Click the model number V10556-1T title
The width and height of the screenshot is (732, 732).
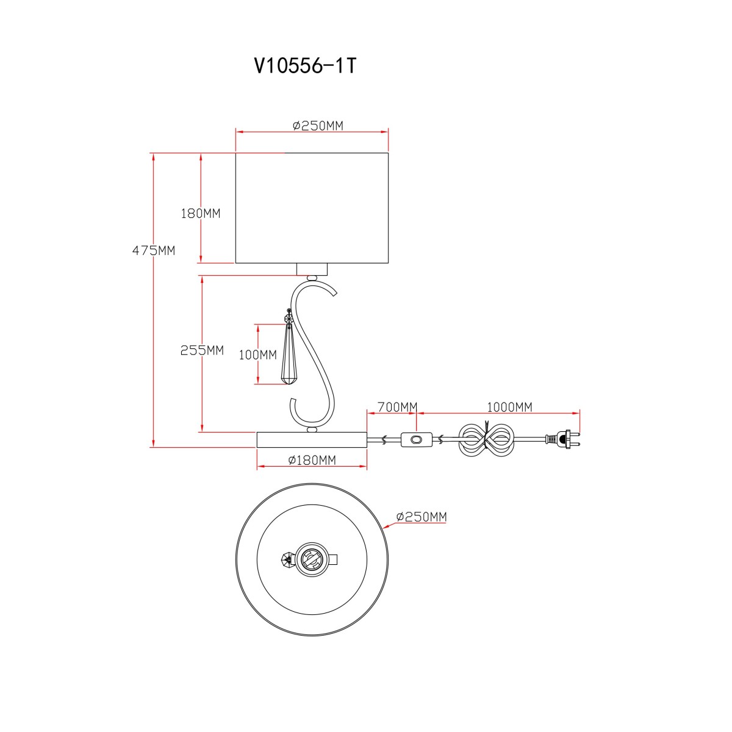[x=306, y=66]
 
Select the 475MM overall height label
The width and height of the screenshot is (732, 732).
[x=154, y=251]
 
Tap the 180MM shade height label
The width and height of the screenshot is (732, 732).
[x=201, y=213]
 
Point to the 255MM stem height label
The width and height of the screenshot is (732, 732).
[x=202, y=350]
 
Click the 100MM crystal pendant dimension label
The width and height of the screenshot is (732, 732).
[x=257, y=355]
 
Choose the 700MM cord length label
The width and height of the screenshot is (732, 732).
[x=397, y=407]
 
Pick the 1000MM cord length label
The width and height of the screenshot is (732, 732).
[x=509, y=407]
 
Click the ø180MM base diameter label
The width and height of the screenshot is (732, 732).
[x=312, y=460]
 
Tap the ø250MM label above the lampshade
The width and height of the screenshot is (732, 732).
[x=318, y=126]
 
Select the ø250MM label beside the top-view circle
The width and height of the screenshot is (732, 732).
[x=422, y=517]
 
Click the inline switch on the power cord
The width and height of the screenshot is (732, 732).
[x=417, y=439]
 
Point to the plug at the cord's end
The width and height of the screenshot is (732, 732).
[x=563, y=439]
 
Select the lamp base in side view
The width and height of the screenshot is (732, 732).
[x=312, y=439]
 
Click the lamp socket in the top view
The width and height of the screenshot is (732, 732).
[x=312, y=560]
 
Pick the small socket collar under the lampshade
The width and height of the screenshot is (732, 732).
[x=312, y=269]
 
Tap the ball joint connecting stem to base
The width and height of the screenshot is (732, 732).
[x=312, y=429]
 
